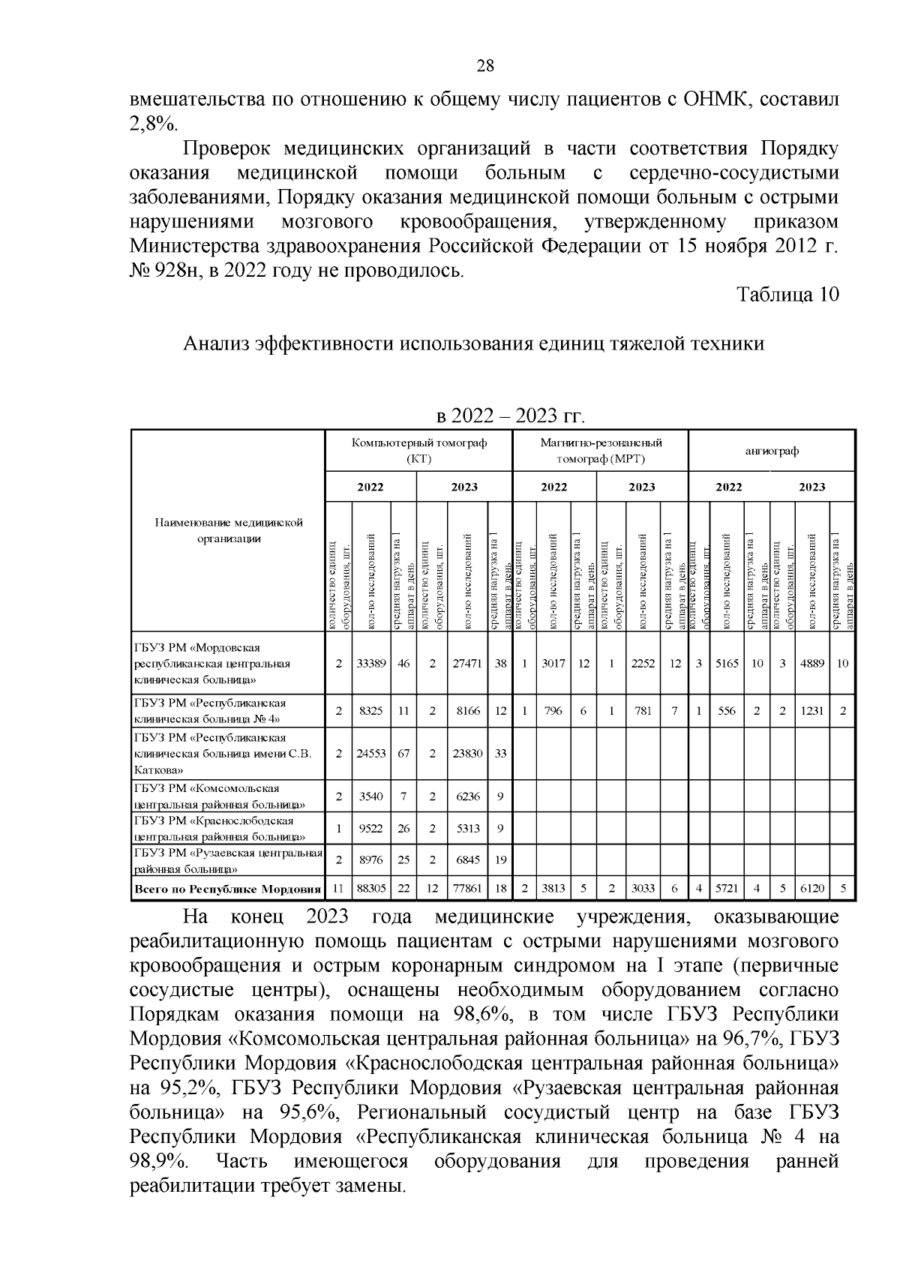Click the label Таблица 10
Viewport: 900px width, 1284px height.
(787, 295)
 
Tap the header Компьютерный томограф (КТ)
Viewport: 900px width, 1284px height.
(419, 451)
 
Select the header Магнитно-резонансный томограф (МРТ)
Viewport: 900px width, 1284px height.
(601, 451)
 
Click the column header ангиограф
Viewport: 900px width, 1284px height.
(772, 451)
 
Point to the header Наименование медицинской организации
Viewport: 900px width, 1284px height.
(229, 530)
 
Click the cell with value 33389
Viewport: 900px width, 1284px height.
(370, 664)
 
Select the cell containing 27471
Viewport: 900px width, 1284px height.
(467, 664)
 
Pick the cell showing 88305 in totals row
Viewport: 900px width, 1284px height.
(370, 889)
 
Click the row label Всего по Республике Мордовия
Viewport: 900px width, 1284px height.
(228, 889)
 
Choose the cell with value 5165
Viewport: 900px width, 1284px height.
(727, 664)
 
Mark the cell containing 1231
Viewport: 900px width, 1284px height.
(812, 711)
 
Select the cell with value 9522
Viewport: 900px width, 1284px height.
(370, 828)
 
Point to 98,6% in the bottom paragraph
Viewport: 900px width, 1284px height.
(480, 1015)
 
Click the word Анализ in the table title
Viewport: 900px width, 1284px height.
(216, 344)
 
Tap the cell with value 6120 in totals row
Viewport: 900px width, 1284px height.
(812, 889)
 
